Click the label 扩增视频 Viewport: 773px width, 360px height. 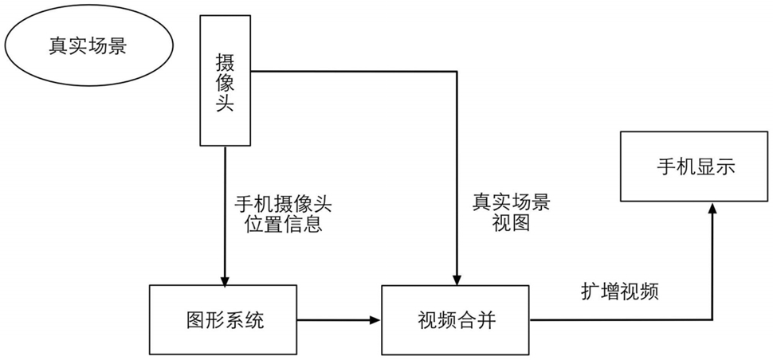[620, 293]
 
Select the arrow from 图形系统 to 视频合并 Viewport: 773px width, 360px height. [339, 320]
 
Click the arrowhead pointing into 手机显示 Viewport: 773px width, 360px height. [712, 207]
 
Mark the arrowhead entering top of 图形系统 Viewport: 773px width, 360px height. [225, 280]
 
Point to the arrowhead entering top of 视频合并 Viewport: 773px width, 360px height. [457, 280]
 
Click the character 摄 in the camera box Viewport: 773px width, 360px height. [225, 62]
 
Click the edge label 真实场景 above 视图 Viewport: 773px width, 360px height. [512, 202]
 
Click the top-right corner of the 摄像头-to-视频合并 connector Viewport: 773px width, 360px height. [457, 72]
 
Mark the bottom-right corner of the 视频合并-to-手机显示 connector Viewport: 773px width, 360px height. [712, 320]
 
